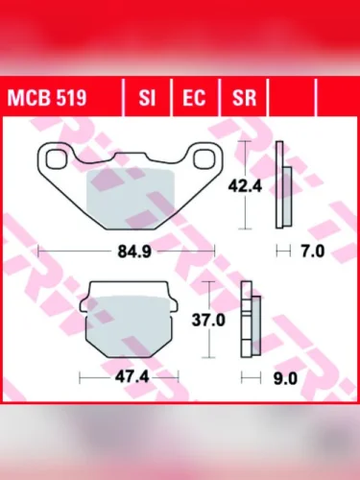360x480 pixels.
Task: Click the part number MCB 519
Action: [47, 97]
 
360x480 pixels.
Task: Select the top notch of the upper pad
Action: [127, 156]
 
